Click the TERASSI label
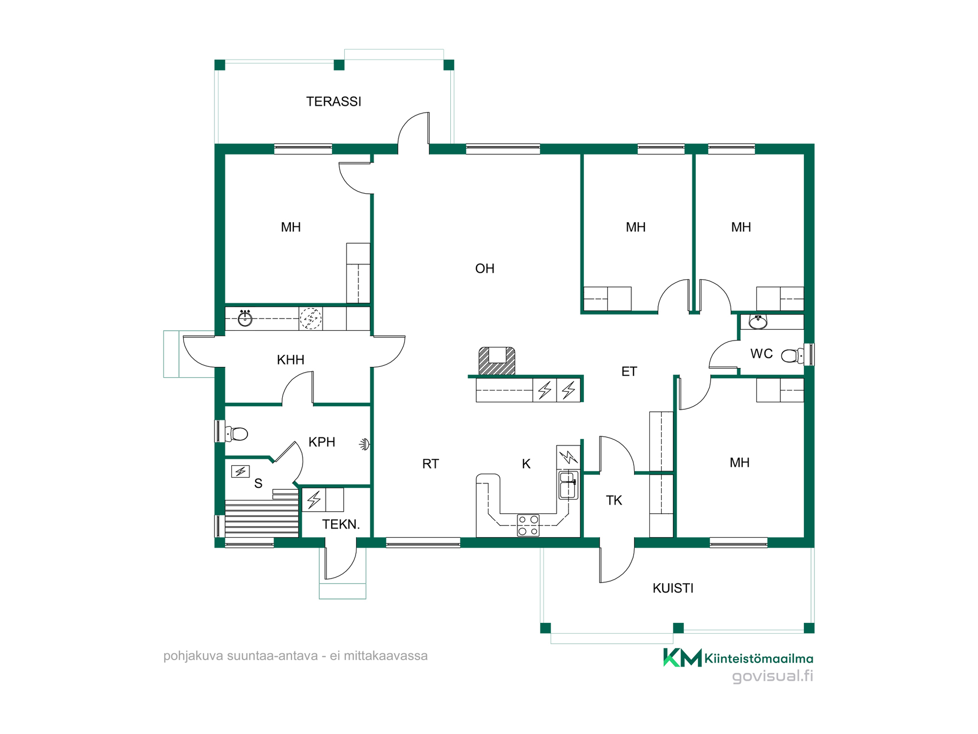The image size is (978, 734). (x=334, y=101)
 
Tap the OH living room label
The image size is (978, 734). (x=484, y=269)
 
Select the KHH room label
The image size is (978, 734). (x=290, y=360)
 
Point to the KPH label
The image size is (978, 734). (x=322, y=442)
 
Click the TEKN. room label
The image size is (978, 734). (x=341, y=524)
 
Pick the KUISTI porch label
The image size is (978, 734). (x=673, y=588)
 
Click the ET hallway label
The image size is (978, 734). (x=629, y=372)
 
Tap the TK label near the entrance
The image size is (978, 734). (x=614, y=501)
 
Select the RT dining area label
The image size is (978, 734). (x=430, y=464)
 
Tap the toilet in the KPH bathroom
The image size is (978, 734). (x=236, y=434)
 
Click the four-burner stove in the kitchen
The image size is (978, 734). (x=528, y=525)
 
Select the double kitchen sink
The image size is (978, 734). (x=568, y=485)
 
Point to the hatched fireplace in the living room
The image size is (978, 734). (x=497, y=361)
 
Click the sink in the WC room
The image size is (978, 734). (x=758, y=322)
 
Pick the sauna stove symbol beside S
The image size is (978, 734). (x=240, y=471)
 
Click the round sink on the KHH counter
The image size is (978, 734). (x=245, y=318)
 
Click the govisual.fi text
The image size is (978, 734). (x=773, y=676)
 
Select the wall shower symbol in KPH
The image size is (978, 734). (x=365, y=444)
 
